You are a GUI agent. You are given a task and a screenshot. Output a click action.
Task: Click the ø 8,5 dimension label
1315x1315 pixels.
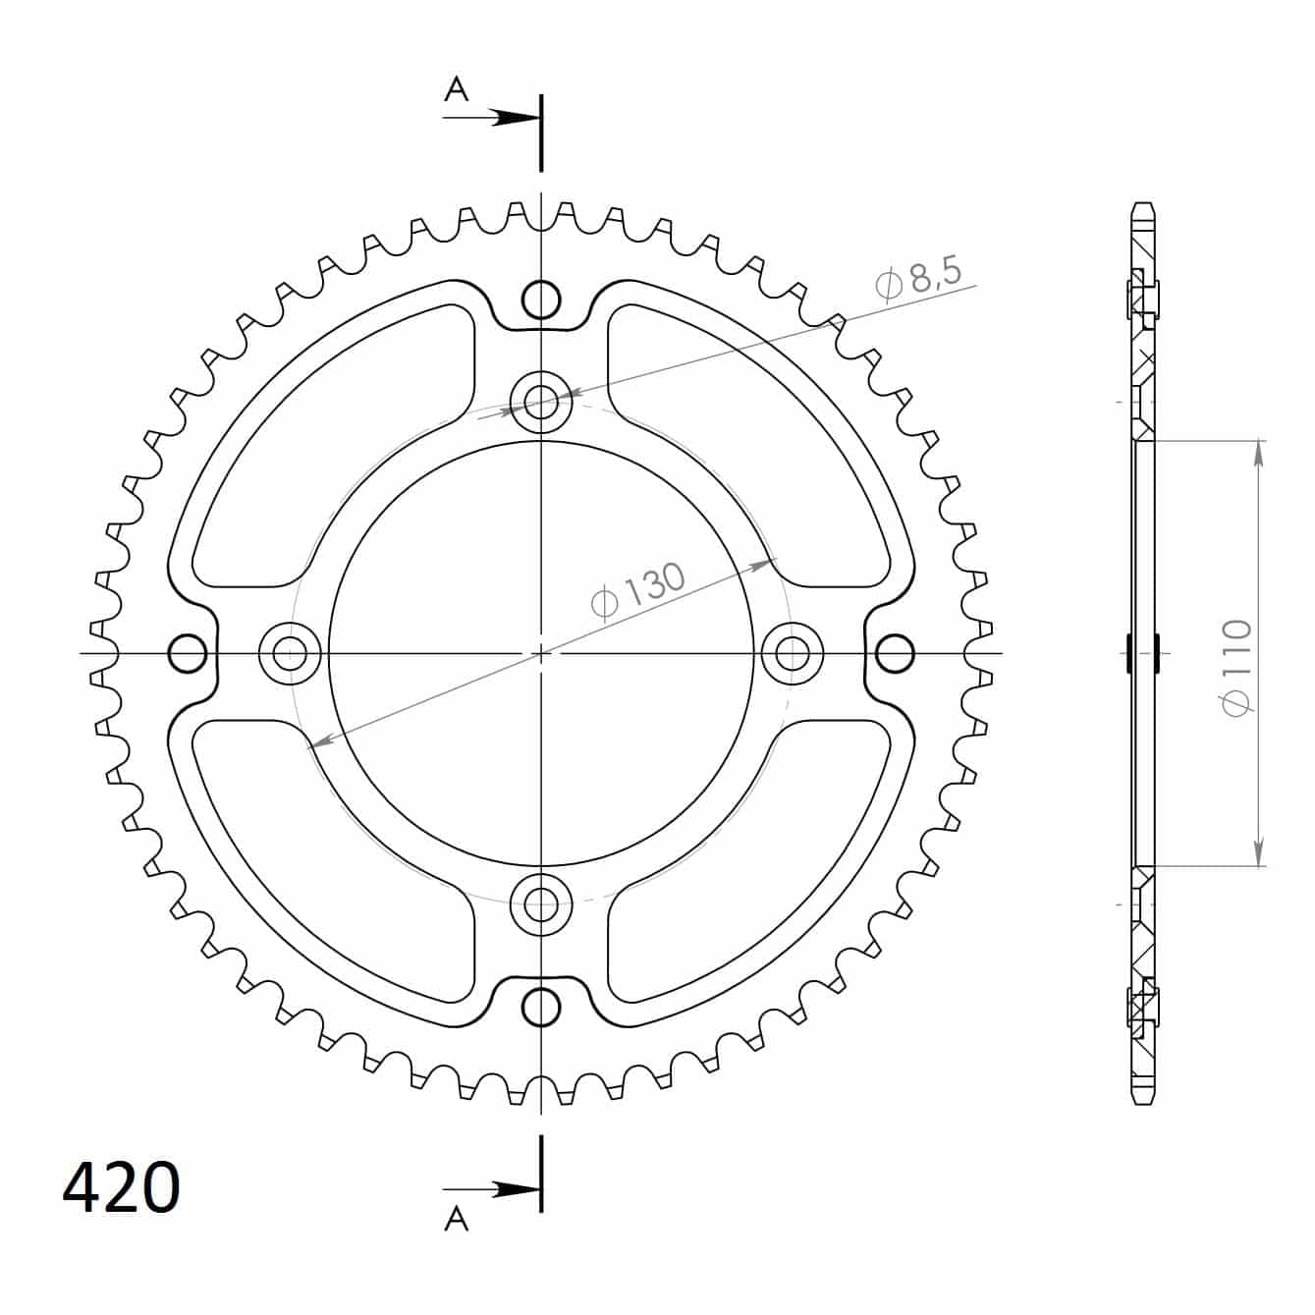tap(918, 278)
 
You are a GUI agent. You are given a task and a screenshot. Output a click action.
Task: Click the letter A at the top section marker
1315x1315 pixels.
tap(456, 88)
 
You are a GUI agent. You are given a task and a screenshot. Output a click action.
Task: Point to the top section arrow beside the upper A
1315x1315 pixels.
tap(491, 118)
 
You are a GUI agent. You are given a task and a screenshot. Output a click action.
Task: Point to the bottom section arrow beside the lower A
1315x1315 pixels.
tap(491, 1189)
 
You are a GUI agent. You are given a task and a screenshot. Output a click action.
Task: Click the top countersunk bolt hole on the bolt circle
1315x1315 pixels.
tap(541, 402)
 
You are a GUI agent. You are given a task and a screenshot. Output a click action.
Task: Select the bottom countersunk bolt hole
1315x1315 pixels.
tap(541, 904)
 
